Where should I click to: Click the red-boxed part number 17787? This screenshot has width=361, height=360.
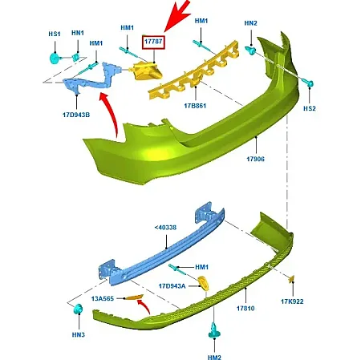(153, 42)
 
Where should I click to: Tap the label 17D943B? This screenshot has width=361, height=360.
(76, 115)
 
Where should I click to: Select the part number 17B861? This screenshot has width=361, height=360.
(195, 106)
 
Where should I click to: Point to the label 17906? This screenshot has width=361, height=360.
(255, 159)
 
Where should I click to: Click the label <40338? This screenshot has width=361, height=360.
(165, 228)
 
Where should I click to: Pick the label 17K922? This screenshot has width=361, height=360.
(292, 301)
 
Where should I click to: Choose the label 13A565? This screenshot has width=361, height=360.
(103, 298)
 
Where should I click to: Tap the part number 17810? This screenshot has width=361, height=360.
(245, 309)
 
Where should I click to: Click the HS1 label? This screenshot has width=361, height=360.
(55, 34)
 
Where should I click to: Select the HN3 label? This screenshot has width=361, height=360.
(79, 334)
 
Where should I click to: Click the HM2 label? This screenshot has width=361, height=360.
(214, 357)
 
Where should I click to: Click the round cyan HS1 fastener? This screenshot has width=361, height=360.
(55, 59)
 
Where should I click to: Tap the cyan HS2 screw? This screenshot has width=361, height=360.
(309, 83)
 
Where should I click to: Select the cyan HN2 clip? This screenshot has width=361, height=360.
(250, 50)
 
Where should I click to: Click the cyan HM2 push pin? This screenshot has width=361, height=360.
(214, 331)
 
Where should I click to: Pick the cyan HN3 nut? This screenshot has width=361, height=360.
(78, 309)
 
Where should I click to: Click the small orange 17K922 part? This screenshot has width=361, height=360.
(291, 279)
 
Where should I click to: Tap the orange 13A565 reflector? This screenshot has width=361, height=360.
(135, 297)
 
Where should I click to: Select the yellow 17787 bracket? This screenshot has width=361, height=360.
(147, 71)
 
